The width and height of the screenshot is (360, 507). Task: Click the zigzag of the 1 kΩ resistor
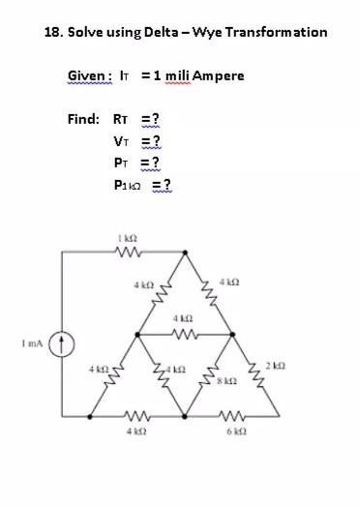point(127,253)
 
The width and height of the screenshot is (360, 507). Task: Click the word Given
point(86,75)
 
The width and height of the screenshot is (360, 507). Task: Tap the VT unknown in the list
point(122,141)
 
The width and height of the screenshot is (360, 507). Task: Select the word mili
point(174,75)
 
